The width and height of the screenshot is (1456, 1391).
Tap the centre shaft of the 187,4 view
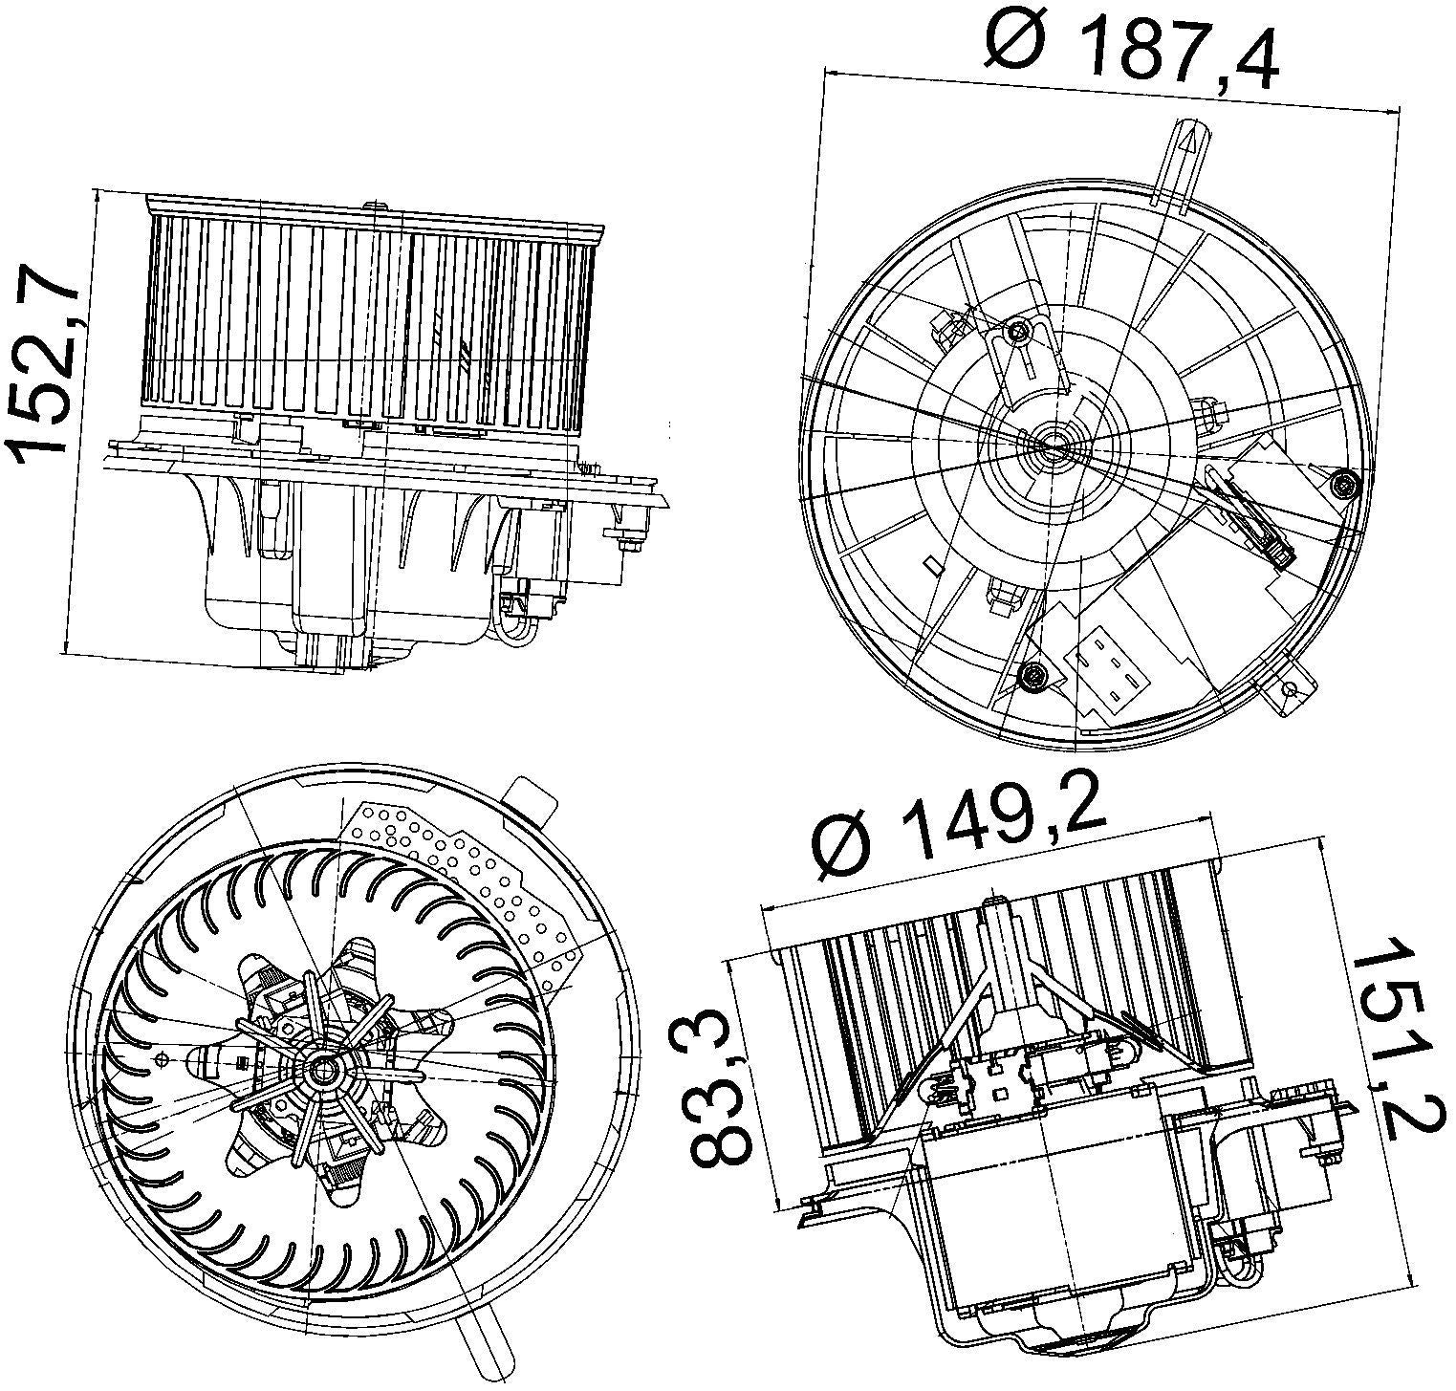[1050, 442]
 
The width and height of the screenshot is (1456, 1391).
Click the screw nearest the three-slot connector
[1032, 677]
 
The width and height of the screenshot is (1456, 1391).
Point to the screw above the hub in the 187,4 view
[1017, 332]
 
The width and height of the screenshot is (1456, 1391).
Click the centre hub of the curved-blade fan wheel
[323, 1069]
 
